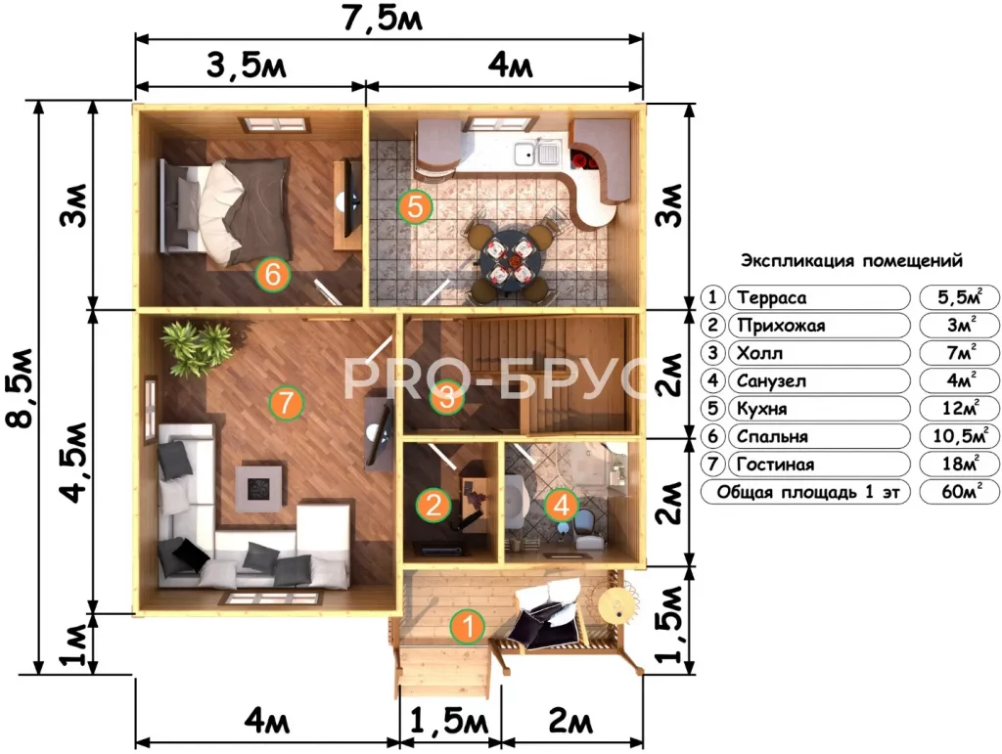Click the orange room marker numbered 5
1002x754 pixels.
(415, 206)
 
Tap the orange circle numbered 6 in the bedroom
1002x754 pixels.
(272, 274)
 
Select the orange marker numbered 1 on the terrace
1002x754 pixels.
(469, 626)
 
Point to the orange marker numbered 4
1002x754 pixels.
(561, 506)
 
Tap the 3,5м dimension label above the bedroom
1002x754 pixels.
(246, 66)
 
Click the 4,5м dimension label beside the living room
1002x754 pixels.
(75, 462)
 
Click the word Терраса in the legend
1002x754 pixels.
(771, 297)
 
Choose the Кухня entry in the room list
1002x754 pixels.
(761, 409)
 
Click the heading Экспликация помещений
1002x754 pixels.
(851, 260)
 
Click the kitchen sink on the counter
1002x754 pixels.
(537, 153)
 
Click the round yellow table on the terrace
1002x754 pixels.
(616, 603)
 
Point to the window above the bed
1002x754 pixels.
(274, 124)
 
